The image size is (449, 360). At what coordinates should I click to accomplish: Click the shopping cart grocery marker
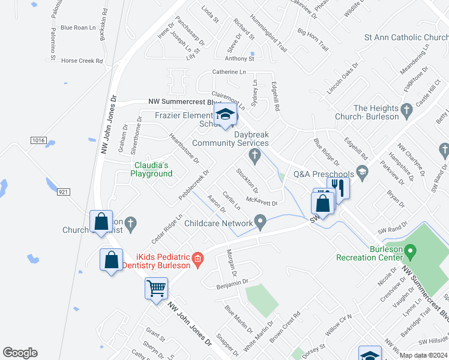pyautogui.click(x=156, y=289)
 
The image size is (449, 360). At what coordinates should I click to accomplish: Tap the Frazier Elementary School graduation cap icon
pyautogui.click(x=226, y=114)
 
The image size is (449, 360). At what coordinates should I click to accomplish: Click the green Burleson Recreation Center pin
pyautogui.click(x=411, y=250)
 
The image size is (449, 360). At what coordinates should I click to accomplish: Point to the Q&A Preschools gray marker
pyautogui.click(x=362, y=172)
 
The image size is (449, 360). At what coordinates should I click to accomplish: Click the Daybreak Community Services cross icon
pyautogui.click(x=255, y=157)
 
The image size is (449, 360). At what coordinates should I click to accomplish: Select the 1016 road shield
pyautogui.click(x=38, y=140)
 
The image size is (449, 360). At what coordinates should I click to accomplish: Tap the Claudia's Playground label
pyautogui.click(x=152, y=169)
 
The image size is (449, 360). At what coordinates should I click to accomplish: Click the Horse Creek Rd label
pyautogui.click(x=83, y=61)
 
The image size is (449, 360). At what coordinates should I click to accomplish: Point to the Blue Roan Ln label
pyautogui.click(x=78, y=28)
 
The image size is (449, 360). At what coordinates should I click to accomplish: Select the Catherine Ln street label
pyautogui.click(x=229, y=72)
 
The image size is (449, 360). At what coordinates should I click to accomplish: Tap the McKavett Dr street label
pyautogui.click(x=262, y=203)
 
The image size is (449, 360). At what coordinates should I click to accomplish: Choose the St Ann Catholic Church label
pyautogui.click(x=406, y=37)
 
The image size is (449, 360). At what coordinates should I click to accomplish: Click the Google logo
pyautogui.click(x=20, y=353)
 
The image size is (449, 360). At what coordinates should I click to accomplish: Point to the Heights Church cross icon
pyautogui.click(x=407, y=109)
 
